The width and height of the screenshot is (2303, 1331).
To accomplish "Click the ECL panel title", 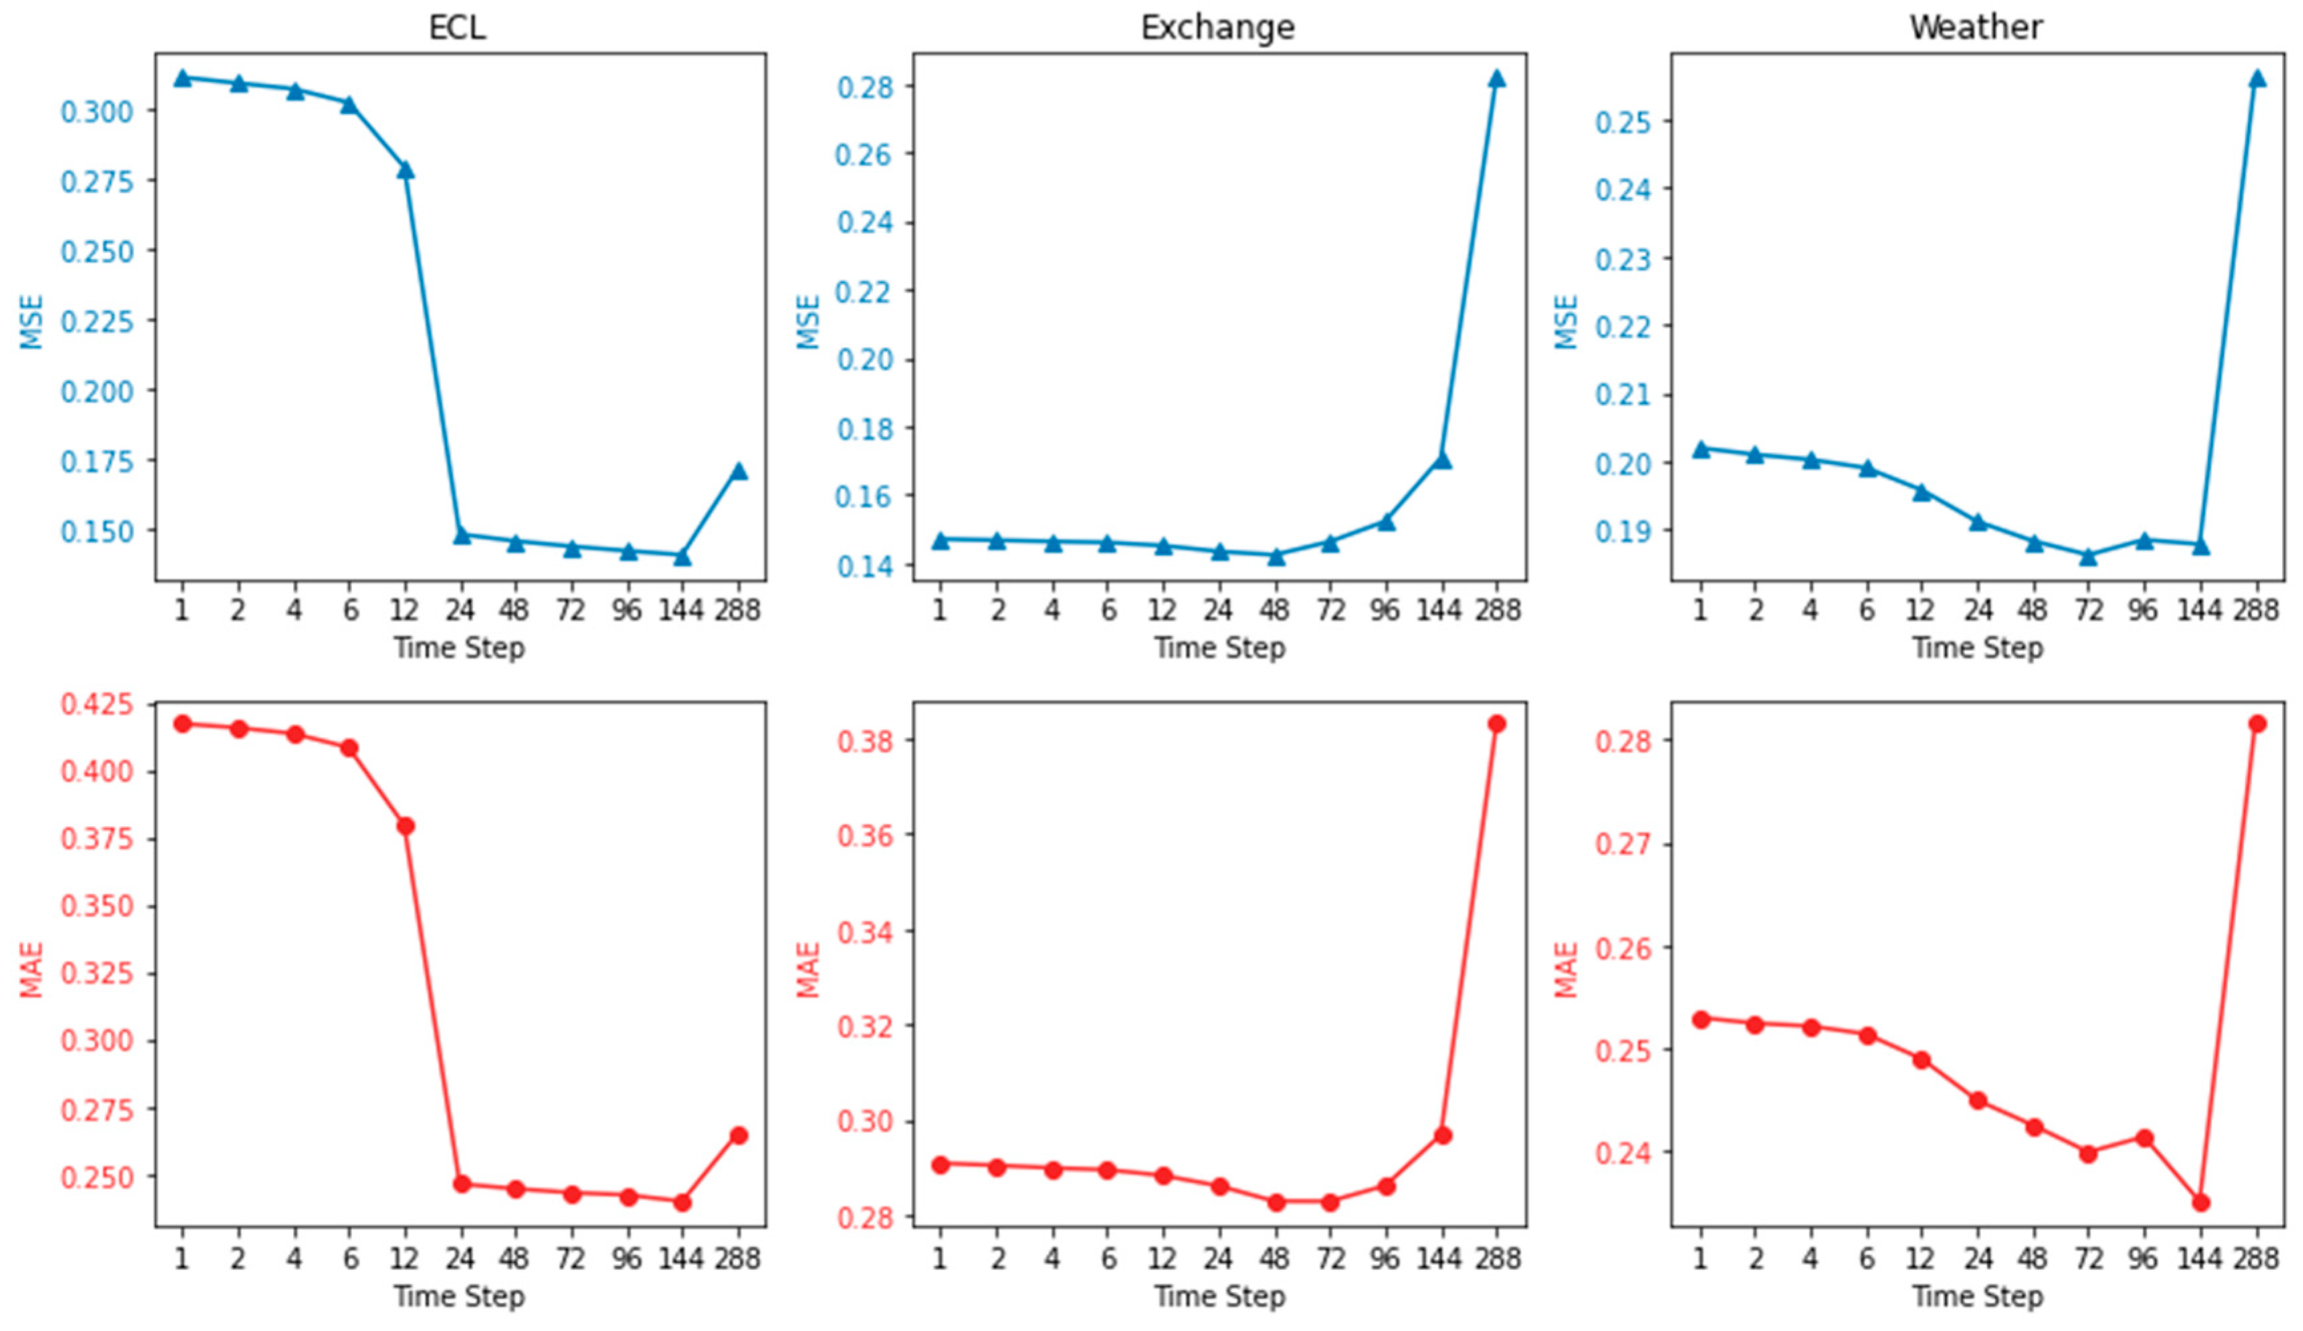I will (x=457, y=27).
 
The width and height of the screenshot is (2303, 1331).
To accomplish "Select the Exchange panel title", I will (x=1218, y=27).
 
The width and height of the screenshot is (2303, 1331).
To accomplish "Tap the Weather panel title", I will (x=1976, y=27).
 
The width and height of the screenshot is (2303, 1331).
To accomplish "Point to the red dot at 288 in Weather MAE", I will (x=2256, y=724).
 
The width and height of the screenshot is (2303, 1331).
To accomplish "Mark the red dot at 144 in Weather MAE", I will (x=2201, y=1202).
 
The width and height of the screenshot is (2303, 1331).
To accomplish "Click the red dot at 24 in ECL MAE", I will (x=461, y=1184).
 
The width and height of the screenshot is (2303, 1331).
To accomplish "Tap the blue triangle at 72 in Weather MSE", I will (x=2088, y=556).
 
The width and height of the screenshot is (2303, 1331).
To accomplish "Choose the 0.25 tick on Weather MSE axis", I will (x=1623, y=122).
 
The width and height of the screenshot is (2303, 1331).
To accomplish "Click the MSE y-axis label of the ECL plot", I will (x=31, y=322).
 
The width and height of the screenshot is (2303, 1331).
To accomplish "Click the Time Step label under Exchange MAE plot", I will (x=1219, y=1296).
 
